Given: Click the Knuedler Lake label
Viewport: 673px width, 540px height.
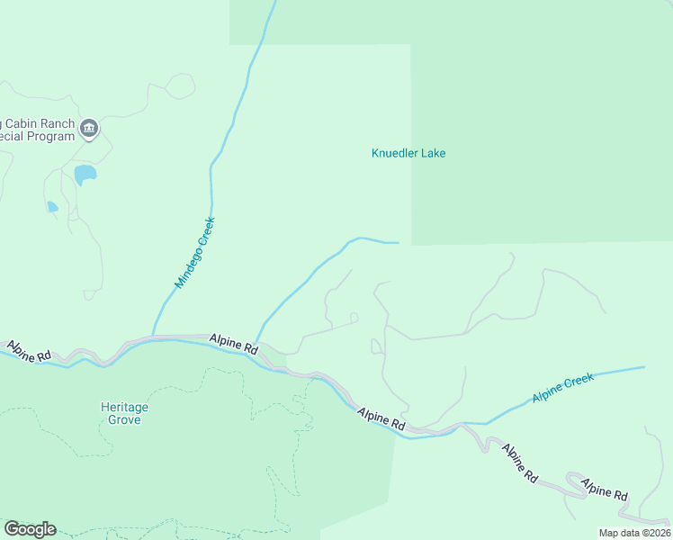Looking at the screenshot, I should [x=408, y=153].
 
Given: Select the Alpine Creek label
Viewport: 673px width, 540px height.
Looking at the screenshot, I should [x=562, y=387].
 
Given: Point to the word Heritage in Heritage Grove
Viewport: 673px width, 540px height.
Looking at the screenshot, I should [x=124, y=407].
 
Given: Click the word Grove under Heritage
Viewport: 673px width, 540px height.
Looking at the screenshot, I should [x=124, y=419].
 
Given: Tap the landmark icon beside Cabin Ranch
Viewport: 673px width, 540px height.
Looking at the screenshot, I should [x=89, y=129].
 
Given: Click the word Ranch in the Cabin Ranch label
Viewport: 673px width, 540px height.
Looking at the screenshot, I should [x=55, y=123].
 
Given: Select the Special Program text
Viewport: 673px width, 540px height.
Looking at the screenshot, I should [x=36, y=137].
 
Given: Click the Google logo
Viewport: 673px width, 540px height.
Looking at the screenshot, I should [x=30, y=529].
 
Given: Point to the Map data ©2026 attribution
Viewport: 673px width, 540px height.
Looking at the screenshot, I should [x=634, y=533].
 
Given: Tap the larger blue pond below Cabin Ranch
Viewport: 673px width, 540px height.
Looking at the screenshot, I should [x=85, y=174].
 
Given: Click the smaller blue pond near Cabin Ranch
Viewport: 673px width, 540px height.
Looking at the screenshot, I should [x=52, y=207].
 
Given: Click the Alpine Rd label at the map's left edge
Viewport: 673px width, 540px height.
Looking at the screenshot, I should [x=30, y=351].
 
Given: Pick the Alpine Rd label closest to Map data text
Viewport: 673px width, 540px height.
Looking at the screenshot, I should [x=604, y=490].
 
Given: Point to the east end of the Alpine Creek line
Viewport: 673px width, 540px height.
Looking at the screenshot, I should [x=644, y=366].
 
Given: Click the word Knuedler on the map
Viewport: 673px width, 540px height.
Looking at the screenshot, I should [x=393, y=153].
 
